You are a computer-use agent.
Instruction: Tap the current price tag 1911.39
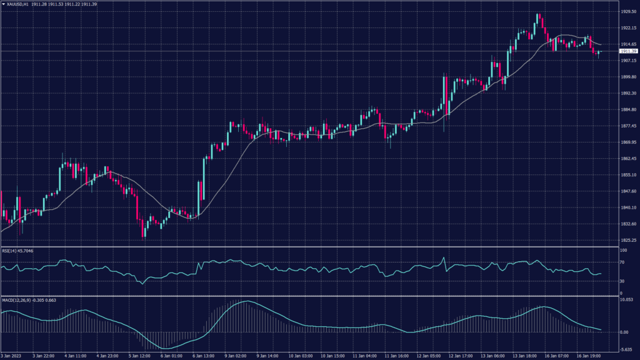628,51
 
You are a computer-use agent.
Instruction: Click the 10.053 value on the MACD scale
626,300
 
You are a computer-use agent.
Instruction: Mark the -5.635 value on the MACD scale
626,349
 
